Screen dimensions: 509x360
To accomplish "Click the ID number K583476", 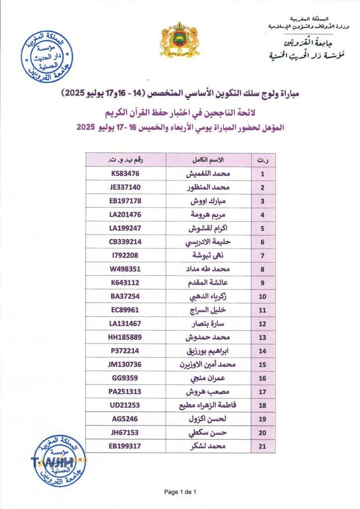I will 125,174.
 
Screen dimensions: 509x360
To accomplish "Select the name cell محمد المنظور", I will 214,187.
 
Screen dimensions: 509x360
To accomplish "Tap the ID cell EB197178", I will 126,201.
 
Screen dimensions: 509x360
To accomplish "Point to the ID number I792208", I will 125,255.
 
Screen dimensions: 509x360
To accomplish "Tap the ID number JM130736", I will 125,364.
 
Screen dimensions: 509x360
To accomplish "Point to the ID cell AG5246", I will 125,419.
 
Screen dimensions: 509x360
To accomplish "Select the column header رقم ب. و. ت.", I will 125,160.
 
